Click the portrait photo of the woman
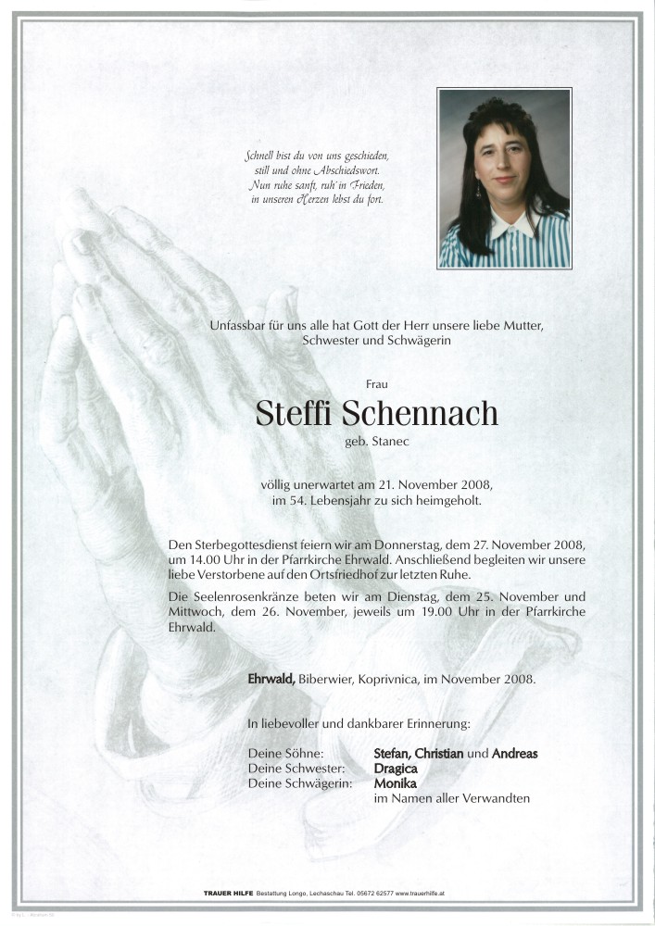coord(504,178)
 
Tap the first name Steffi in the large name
coord(294,414)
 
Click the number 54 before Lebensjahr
coord(315,501)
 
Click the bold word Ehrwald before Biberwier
coord(271,679)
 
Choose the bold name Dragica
coord(396,769)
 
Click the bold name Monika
coord(394,783)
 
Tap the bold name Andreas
coord(514,753)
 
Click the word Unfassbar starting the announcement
coord(241,326)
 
